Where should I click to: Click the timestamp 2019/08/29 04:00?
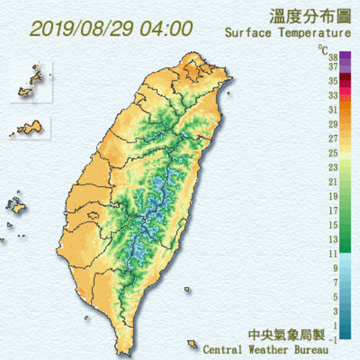[111, 28]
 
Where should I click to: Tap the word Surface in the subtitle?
[247, 33]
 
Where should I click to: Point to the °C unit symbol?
[323, 50]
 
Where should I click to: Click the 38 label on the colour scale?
[332, 57]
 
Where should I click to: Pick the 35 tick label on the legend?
[332, 81]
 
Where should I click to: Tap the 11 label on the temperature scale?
[332, 254]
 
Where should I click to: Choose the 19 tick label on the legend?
[332, 196]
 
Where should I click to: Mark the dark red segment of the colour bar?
[345, 81]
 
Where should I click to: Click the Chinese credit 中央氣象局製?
[287, 335]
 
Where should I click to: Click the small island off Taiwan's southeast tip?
[192, 343]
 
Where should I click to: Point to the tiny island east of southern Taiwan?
[187, 290]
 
